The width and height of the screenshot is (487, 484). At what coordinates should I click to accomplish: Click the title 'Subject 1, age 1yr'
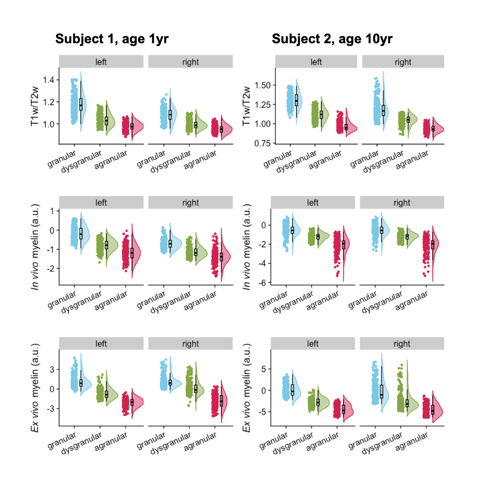(112, 39)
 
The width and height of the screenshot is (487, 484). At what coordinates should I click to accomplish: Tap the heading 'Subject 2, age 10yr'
(332, 39)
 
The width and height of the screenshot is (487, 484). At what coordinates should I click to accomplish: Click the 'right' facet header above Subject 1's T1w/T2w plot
(191, 62)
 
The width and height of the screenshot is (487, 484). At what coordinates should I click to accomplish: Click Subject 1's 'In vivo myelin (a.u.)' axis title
(35, 248)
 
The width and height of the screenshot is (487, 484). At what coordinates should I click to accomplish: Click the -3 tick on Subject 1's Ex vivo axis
(50, 409)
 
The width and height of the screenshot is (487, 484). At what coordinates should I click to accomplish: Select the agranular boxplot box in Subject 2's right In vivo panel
(432, 244)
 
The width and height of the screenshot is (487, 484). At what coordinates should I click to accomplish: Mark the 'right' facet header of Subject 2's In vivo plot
(402, 202)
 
